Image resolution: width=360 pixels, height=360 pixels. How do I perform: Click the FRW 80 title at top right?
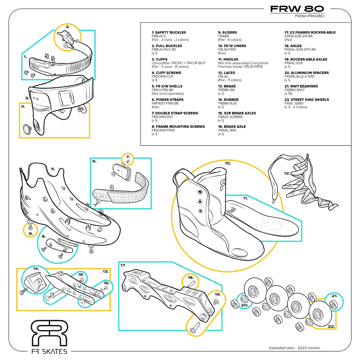click(297, 9)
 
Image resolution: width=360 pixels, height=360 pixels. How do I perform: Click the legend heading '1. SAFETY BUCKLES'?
click(169, 32)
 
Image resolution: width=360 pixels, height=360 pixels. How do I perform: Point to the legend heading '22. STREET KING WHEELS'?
click(307, 100)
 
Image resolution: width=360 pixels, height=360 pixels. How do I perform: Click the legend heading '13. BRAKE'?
click(227, 86)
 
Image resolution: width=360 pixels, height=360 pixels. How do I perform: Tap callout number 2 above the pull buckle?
click(68, 27)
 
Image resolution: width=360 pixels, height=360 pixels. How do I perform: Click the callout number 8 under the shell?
click(31, 233)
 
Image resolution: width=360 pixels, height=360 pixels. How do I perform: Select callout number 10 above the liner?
click(228, 163)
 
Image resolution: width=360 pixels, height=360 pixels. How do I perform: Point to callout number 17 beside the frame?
click(123, 265)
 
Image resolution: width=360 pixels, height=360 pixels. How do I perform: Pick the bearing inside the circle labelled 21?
click(333, 305)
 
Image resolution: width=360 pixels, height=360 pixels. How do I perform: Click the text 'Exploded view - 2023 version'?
click(294, 348)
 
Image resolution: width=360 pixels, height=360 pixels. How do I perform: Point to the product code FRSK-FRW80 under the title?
click(309, 16)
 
